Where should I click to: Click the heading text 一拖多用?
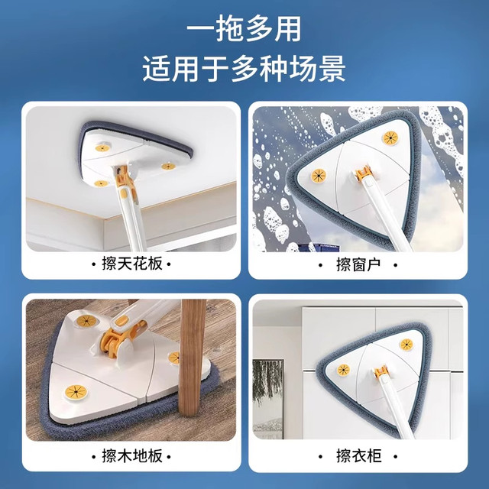244,28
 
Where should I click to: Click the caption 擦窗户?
358,264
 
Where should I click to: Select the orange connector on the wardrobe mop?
379,377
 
